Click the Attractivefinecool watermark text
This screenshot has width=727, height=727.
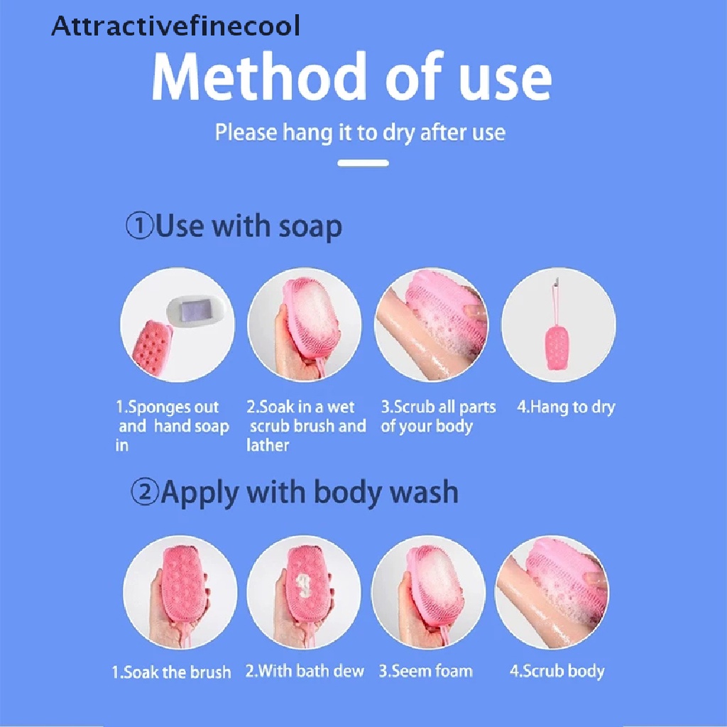tap(176, 26)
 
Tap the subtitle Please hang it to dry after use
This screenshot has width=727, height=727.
tap(360, 133)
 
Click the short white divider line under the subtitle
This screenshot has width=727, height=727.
tap(363, 163)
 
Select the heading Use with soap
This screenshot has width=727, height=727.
tap(248, 227)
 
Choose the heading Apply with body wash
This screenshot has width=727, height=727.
tap(309, 493)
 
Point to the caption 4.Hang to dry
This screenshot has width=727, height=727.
tap(565, 408)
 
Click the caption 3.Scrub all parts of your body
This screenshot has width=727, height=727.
tap(437, 417)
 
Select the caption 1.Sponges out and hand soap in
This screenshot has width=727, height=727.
tap(172, 426)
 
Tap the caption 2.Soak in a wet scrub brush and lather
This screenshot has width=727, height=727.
tap(306, 426)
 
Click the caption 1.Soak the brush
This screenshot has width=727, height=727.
tap(171, 672)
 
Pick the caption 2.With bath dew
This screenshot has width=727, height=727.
tap(305, 671)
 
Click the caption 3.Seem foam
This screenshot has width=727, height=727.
tap(425, 671)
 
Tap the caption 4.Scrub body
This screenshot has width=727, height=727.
tap(557, 671)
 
